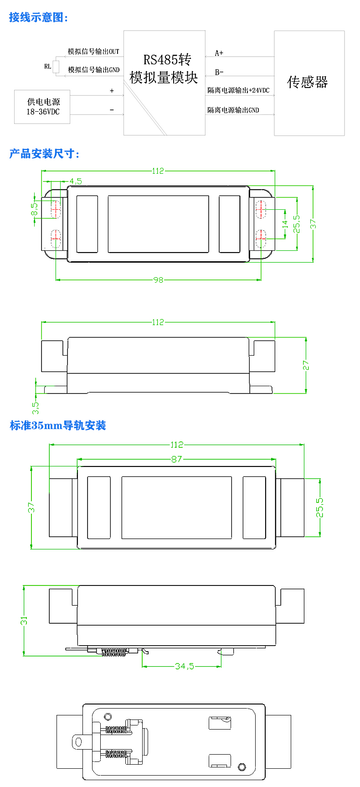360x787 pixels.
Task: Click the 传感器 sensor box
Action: [309, 83]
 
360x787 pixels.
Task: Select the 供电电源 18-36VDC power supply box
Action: [42, 107]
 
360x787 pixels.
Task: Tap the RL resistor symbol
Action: [56, 67]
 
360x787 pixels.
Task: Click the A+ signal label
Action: [219, 53]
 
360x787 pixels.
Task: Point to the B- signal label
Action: [219, 72]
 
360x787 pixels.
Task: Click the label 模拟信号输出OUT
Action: [93, 52]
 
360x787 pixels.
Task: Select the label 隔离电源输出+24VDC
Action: [238, 90]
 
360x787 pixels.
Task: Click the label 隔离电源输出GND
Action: [233, 110]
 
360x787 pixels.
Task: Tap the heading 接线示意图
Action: [39, 18]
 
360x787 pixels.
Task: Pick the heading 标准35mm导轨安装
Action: [58, 425]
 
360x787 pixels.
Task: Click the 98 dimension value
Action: [158, 280]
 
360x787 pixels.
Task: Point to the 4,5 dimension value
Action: [76, 181]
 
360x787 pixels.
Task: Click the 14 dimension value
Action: [285, 224]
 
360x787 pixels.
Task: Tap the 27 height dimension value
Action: [306, 365]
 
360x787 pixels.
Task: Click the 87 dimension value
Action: [177, 459]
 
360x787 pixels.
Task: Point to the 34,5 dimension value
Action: [185, 666]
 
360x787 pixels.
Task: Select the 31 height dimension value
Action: [24, 621]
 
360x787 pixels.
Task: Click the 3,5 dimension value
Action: [36, 405]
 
